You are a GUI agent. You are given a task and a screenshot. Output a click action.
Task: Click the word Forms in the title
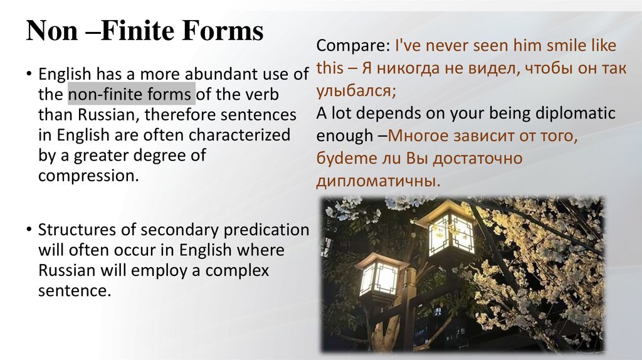click(x=224, y=31)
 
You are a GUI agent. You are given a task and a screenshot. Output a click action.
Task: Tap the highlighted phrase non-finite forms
click(x=131, y=95)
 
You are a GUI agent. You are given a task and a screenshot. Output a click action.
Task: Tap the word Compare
click(x=353, y=46)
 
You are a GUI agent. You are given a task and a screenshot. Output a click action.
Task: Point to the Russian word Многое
click(x=419, y=136)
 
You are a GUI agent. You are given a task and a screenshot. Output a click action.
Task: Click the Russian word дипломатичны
click(x=376, y=181)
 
